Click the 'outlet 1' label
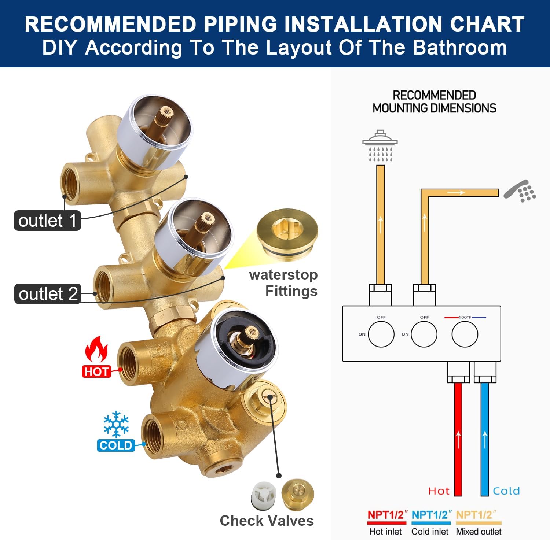(x=47, y=221)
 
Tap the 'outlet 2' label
(x=48, y=294)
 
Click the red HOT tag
(x=96, y=371)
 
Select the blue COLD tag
(x=116, y=445)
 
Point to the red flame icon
(x=96, y=350)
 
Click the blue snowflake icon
(x=116, y=424)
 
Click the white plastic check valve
(x=263, y=495)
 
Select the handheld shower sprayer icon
(x=520, y=191)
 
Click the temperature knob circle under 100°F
(x=465, y=334)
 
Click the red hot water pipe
(x=458, y=440)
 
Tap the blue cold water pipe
(x=485, y=440)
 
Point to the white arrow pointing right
(x=456, y=192)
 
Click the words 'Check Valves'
(x=267, y=521)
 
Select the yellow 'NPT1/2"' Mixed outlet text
(x=476, y=515)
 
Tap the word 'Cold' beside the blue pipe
(x=506, y=491)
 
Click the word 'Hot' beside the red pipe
(x=439, y=491)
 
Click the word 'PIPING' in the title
(x=241, y=25)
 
